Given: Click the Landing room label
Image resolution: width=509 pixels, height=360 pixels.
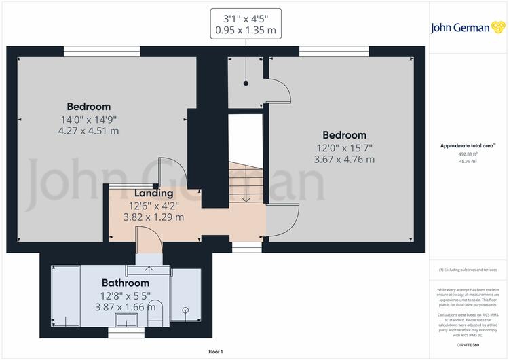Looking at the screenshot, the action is point(153,193).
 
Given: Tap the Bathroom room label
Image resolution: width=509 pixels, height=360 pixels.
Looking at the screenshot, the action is point(126,283).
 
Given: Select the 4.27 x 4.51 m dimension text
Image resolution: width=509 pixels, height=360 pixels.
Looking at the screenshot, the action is point(89,131).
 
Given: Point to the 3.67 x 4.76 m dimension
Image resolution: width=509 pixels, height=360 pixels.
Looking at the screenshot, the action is point(344,160).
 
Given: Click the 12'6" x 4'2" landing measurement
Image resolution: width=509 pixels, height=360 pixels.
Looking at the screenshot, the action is point(154,206).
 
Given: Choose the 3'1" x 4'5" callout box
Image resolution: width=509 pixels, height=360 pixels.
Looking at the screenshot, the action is point(246,24).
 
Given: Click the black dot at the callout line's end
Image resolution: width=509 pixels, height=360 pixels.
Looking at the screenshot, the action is point(246,83).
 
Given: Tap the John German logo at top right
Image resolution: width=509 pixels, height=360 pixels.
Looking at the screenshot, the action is point(468,28).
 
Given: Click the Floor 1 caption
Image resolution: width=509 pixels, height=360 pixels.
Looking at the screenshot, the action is point(216,352).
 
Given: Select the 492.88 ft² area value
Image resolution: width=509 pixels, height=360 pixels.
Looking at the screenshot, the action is point(468,154).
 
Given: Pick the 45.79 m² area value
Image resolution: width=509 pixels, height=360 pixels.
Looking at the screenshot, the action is point(468,161).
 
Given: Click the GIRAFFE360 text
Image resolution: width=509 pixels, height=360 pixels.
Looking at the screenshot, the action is point(468,345).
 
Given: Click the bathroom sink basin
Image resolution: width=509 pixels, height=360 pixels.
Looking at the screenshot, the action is point(126,320).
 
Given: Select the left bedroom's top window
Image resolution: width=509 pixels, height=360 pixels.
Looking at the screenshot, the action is point(102,52).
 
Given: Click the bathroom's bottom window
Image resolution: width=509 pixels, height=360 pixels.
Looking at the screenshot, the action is point(126,333).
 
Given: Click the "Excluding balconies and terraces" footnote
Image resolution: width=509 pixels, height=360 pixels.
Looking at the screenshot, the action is point(468,270).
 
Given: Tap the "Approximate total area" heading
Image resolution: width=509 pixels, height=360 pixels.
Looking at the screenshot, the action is point(468,146).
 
